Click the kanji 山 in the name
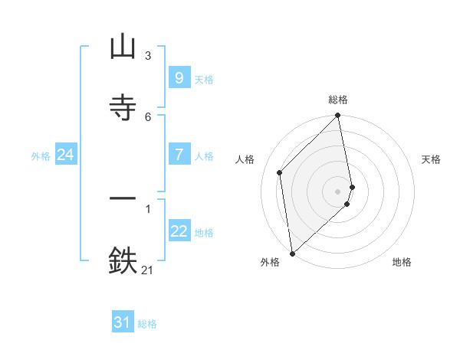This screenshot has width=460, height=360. coord(123,48)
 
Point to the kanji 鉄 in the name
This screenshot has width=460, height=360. coord(123,260)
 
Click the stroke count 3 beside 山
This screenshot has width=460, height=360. coord(147,56)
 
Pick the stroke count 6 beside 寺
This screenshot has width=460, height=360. coord(147,116)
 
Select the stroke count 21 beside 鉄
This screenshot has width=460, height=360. coord(147,270)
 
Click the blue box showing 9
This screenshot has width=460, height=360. coord(179,78)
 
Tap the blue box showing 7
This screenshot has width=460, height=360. coord(179,155)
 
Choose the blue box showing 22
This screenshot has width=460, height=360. coord(179,231)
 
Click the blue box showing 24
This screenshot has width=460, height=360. coord(65,155)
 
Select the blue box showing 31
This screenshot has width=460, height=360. coord(123,322)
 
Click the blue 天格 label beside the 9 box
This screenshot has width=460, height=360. coord(204,80)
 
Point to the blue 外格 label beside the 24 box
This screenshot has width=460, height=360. coord(41,156)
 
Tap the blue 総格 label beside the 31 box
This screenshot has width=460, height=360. coord(147,324)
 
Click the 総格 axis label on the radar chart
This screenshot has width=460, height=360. coord(338,100)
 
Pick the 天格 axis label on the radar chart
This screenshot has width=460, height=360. coord(431,159)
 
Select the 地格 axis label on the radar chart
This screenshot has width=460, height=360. coord(402,262)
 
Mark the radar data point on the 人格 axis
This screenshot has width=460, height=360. coord(280,172)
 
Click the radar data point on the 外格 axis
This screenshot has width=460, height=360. coord(291,253)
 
